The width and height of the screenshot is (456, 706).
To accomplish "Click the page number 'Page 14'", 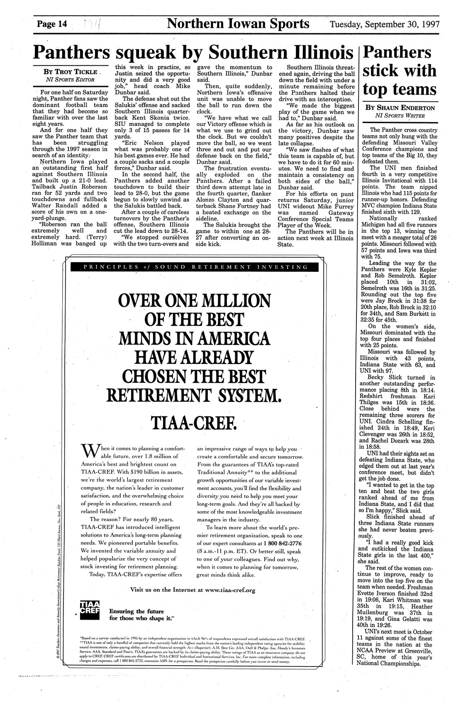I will coord(52,24).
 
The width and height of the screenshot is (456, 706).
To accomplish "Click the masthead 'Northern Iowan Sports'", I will coord(238,23).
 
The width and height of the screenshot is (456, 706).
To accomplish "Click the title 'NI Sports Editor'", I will coord(70,79).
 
